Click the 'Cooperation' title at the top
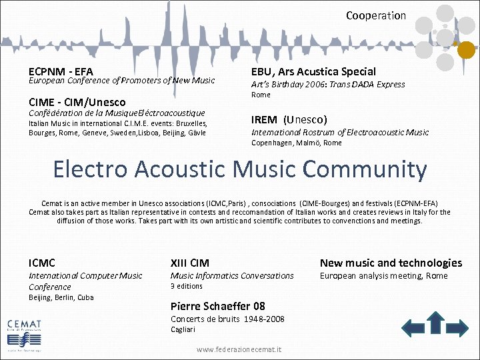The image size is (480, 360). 375,15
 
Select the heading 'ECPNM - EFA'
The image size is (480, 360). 61,71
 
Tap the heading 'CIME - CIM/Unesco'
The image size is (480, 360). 77,102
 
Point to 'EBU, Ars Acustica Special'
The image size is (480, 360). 313,71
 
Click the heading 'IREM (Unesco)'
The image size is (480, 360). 289,120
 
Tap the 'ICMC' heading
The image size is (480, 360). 42,263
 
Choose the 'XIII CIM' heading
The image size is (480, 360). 190,263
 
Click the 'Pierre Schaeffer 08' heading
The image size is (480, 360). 218,306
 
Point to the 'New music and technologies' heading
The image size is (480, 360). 391,263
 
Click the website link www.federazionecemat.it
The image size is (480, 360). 239,349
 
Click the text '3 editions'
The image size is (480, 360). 187,286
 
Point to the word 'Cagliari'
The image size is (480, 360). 183,329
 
